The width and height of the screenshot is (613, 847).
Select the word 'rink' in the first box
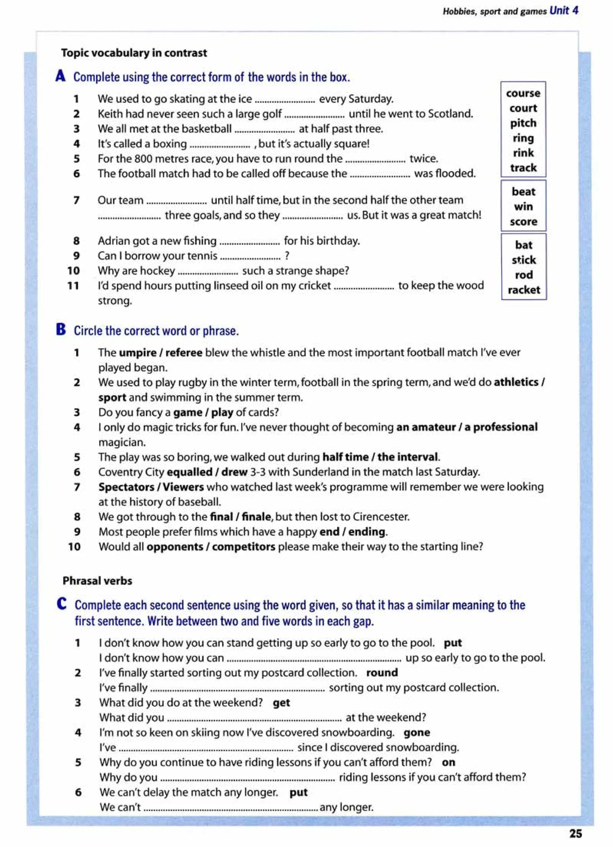523,153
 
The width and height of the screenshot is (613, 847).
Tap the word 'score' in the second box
524,222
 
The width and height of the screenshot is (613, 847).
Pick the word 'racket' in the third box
524,290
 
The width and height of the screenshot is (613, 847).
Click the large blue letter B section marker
61,330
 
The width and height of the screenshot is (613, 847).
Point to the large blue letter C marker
62,604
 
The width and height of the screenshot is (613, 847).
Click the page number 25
576,834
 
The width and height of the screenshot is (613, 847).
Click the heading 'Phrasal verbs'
97,581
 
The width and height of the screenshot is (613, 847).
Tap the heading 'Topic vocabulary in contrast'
134,53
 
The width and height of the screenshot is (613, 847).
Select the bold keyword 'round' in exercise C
382,672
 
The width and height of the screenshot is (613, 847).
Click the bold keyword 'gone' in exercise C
417,732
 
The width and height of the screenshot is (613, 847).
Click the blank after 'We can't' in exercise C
230,807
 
